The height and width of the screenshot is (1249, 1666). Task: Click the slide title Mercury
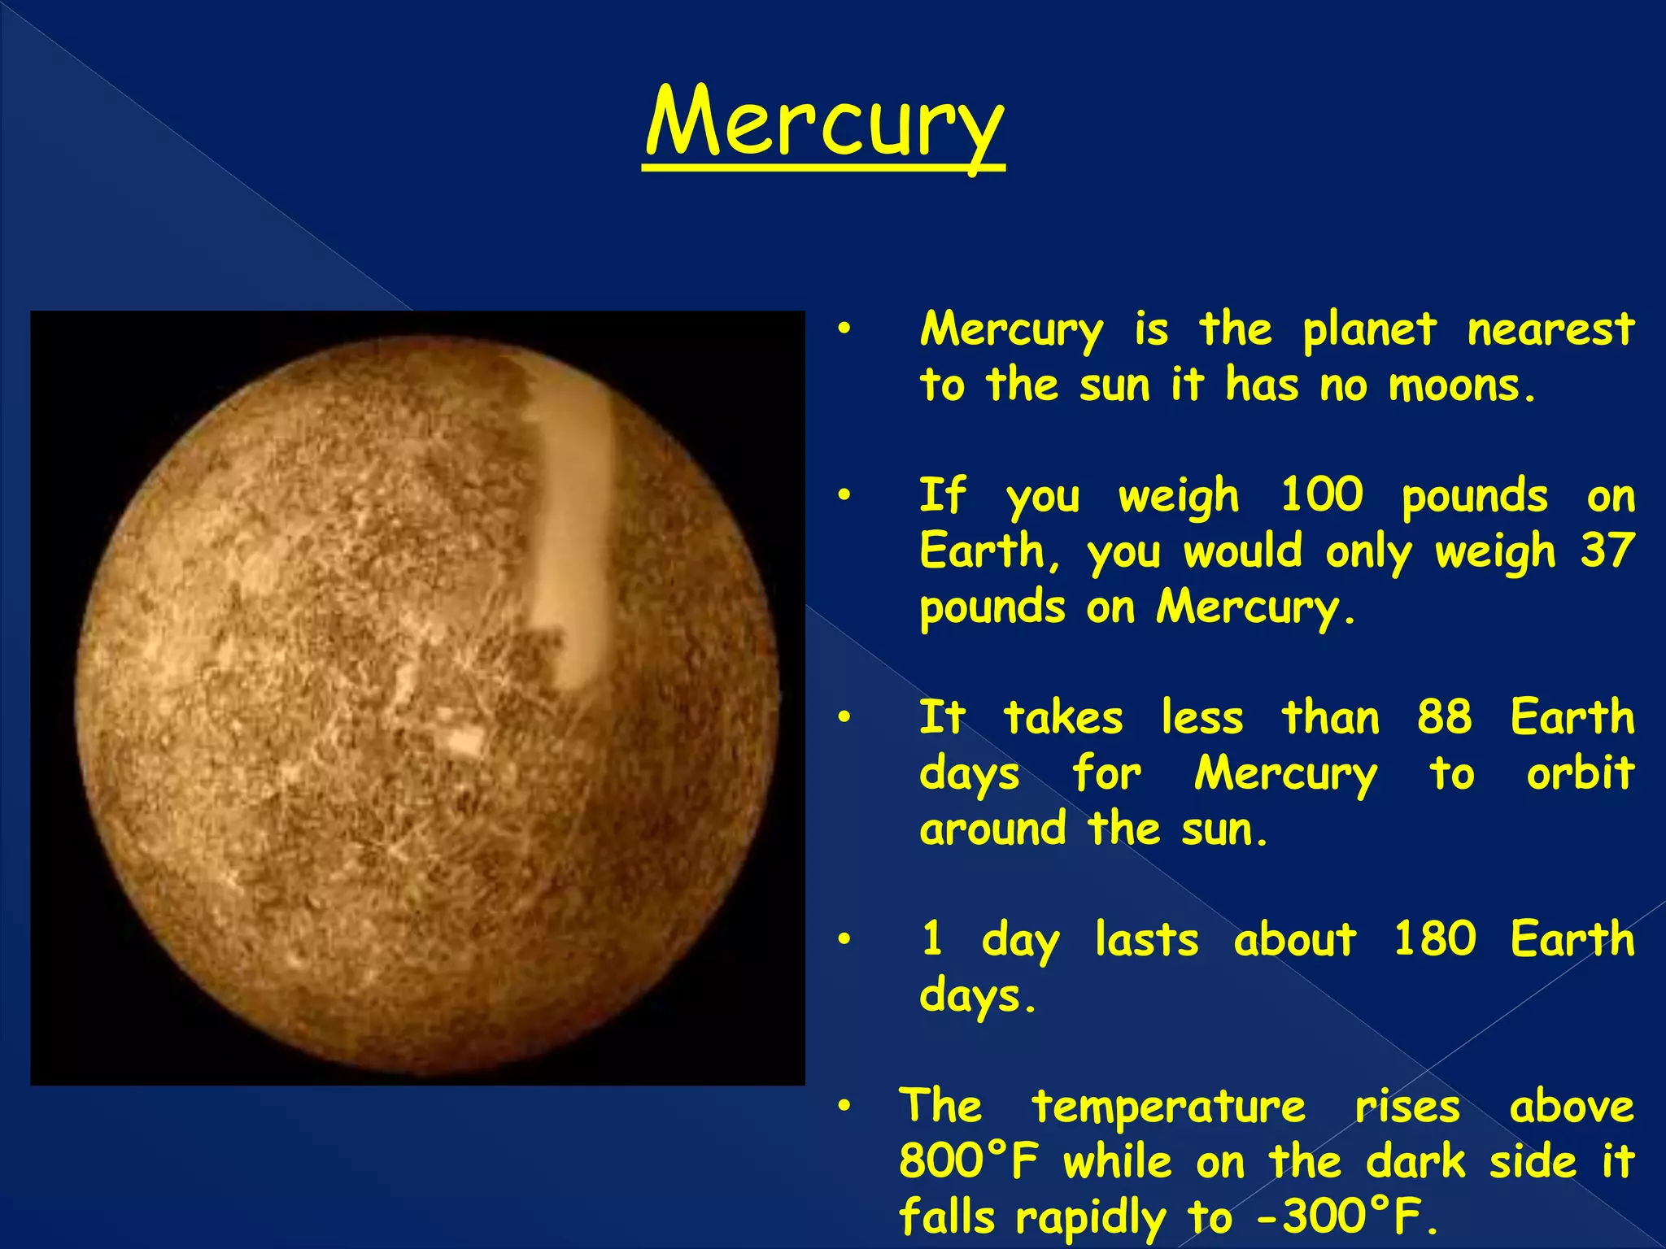tap(824, 124)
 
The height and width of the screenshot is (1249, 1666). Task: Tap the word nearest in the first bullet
tap(1550, 329)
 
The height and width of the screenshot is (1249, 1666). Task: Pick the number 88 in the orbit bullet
tap(1444, 717)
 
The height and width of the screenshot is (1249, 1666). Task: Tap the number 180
tap(1434, 938)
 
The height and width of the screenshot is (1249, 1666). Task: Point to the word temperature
tap(1168, 1108)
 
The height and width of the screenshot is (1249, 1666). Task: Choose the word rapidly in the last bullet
tap(1090, 1218)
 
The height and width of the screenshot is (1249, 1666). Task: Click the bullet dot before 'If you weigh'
tap(845, 495)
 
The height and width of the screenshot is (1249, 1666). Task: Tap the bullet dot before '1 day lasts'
tap(845, 939)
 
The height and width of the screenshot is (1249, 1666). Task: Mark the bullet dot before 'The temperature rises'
tap(845, 1107)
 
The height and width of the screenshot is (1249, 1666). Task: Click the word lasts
tap(1146, 939)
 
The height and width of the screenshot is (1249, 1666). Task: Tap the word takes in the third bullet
tap(1062, 717)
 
